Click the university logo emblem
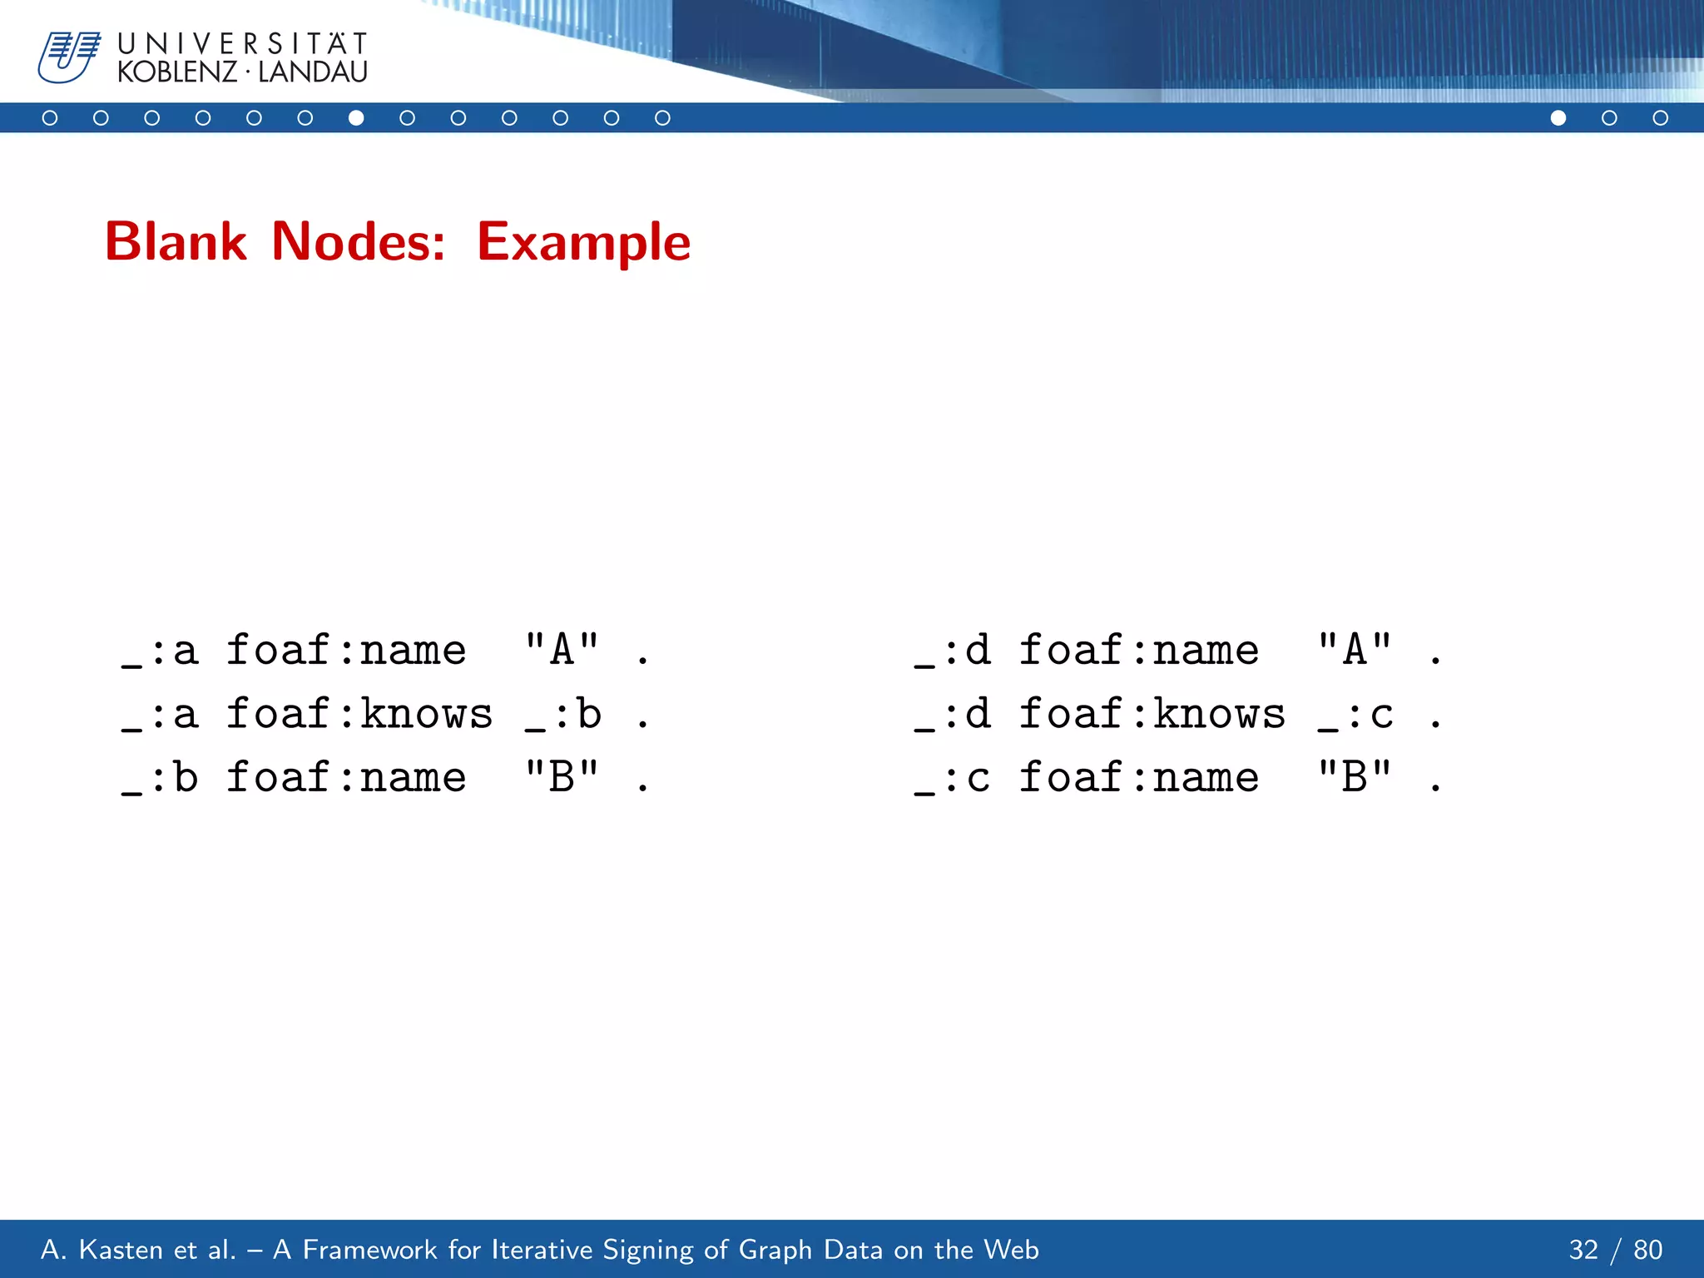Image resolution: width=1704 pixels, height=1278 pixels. (x=68, y=57)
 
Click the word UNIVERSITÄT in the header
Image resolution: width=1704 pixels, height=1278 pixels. (x=242, y=43)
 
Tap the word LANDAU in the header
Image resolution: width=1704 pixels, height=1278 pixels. (x=313, y=72)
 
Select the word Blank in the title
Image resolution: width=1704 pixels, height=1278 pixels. (x=176, y=242)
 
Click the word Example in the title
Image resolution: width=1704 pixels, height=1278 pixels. (x=583, y=242)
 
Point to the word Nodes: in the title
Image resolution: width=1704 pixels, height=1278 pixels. (x=359, y=242)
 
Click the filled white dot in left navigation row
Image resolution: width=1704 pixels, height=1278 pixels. (x=356, y=118)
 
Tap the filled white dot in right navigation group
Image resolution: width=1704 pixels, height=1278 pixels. (x=1558, y=118)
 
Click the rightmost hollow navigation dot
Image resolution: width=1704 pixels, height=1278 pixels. (x=1660, y=118)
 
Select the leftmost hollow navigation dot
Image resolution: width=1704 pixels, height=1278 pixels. (x=50, y=118)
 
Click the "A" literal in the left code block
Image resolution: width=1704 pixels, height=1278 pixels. (x=562, y=649)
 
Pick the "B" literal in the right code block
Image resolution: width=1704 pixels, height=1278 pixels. (x=1355, y=777)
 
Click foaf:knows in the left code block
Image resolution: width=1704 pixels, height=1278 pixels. (x=359, y=714)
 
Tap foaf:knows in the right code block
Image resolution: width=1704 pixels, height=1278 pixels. (x=1152, y=714)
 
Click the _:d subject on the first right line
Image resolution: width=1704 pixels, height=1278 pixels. (x=953, y=651)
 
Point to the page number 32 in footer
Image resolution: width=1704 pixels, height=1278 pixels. (x=1583, y=1250)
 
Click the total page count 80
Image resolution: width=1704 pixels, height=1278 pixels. (x=1647, y=1250)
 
